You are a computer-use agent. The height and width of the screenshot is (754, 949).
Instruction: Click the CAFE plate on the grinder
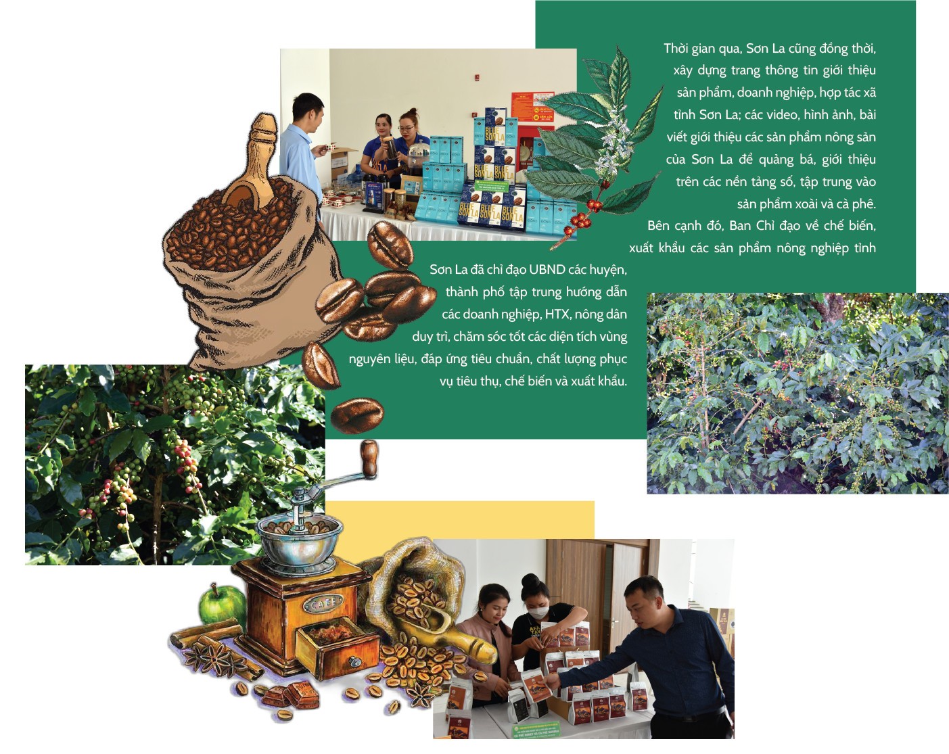tap(327, 604)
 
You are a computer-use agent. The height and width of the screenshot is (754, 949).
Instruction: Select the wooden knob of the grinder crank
tap(369, 459)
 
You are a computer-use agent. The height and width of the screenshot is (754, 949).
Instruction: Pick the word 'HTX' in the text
tap(558, 314)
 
